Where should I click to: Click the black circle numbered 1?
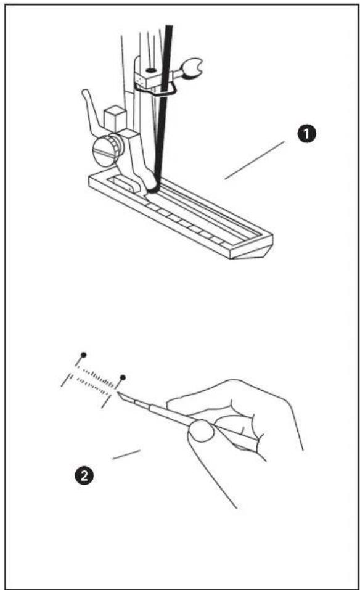coord(307,134)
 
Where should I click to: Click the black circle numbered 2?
coord(84,475)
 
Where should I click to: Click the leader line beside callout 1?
coord(255,160)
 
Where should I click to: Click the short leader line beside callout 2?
coord(126,454)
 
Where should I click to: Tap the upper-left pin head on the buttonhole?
coord(83,355)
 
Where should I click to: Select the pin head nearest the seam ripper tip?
coord(123,377)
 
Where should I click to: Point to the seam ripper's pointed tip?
coord(118,393)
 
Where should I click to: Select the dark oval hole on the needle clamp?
coord(151,71)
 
